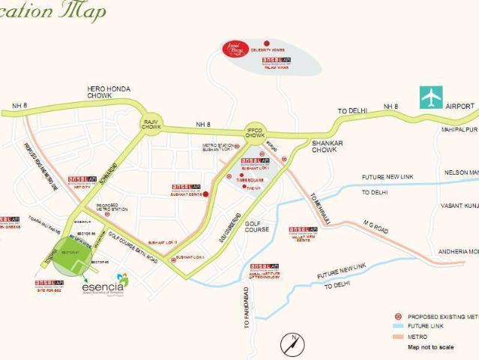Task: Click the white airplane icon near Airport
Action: (x=431, y=97)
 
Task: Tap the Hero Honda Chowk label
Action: (x=109, y=92)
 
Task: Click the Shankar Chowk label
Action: (x=324, y=145)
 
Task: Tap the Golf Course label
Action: (x=256, y=226)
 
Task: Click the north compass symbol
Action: (x=292, y=344)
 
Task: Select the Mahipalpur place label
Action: (x=458, y=129)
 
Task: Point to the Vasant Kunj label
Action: (x=460, y=205)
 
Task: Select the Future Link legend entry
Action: (x=426, y=326)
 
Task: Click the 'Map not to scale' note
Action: (x=430, y=347)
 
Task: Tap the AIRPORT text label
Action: (x=460, y=107)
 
